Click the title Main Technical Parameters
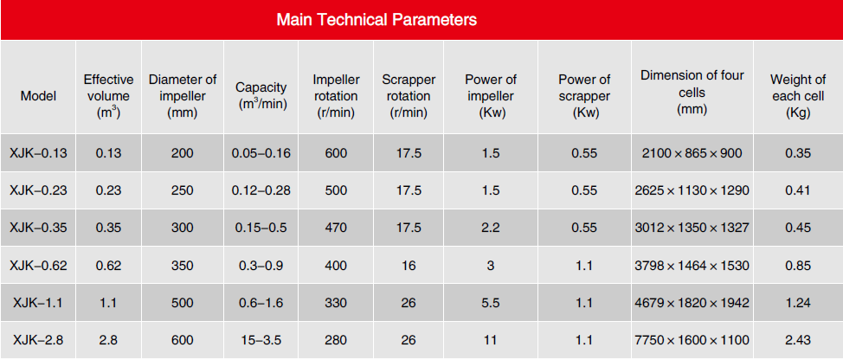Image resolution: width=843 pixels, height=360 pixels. [376, 20]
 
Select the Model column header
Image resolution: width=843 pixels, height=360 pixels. [38, 97]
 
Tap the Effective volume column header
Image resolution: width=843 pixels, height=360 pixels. [108, 96]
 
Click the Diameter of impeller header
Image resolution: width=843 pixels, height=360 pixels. [183, 96]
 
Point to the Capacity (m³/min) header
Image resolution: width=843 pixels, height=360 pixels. [261, 96]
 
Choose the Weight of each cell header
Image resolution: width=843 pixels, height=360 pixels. [798, 96]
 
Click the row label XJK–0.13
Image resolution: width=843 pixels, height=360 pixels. [38, 153]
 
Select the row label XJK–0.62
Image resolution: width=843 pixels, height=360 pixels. [38, 266]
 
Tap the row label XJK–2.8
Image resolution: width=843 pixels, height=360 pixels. [38, 340]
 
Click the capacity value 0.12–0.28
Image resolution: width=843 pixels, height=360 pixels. [261, 190]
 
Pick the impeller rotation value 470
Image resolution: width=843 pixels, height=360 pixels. [336, 228]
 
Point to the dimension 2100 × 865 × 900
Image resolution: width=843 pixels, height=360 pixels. [692, 153]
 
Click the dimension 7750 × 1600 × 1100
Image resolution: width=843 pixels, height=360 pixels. [692, 340]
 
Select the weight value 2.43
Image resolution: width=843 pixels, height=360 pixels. [798, 340]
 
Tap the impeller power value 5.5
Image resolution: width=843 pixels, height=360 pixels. [491, 303]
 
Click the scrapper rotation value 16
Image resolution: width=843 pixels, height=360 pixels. [409, 266]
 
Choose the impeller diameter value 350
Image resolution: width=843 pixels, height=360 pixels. [183, 266]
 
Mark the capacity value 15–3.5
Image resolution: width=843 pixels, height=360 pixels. [261, 340]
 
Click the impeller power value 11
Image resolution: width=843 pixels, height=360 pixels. [491, 340]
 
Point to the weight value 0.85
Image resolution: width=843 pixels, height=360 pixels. [798, 266]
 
